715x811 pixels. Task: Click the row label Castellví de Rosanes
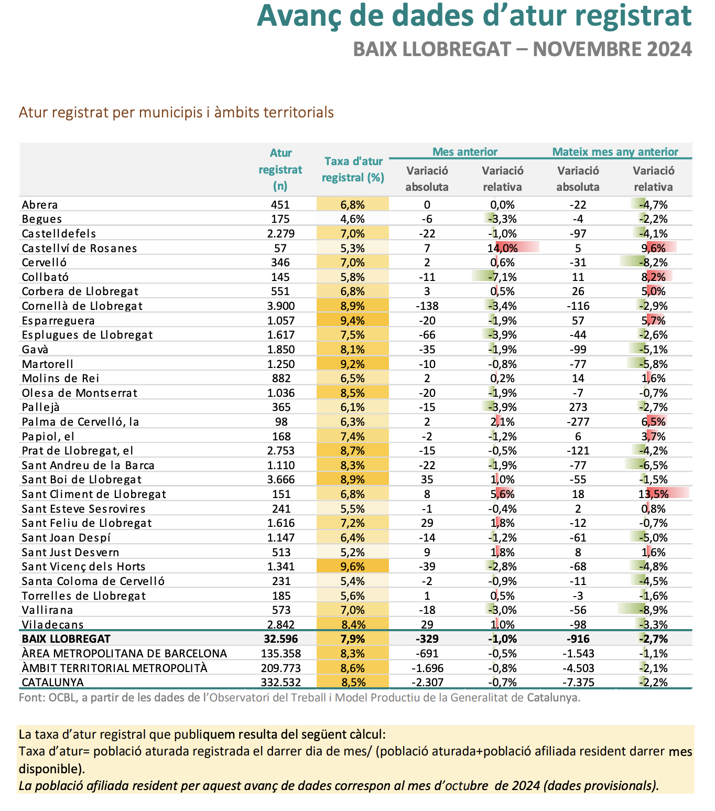[80, 248]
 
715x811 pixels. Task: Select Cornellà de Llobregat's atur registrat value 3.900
[280, 306]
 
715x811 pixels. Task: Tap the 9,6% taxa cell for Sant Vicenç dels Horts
[352, 567]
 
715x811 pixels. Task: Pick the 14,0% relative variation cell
[502, 248]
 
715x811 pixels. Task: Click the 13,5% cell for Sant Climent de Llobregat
[653, 494]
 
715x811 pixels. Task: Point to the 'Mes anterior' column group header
[464, 152]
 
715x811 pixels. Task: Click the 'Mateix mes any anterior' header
[615, 152]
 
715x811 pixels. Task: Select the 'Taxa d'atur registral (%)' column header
[353, 169]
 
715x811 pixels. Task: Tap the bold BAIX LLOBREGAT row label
[66, 639]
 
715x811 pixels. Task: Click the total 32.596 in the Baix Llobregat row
[280, 639]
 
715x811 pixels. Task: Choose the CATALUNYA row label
[52, 683]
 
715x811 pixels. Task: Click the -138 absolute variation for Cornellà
[427, 306]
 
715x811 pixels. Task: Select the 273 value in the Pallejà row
[578, 407]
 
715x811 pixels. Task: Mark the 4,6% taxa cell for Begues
[352, 219]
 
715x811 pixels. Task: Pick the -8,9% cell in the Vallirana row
[653, 610]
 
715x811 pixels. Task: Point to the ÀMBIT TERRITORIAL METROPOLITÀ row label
[115, 668]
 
